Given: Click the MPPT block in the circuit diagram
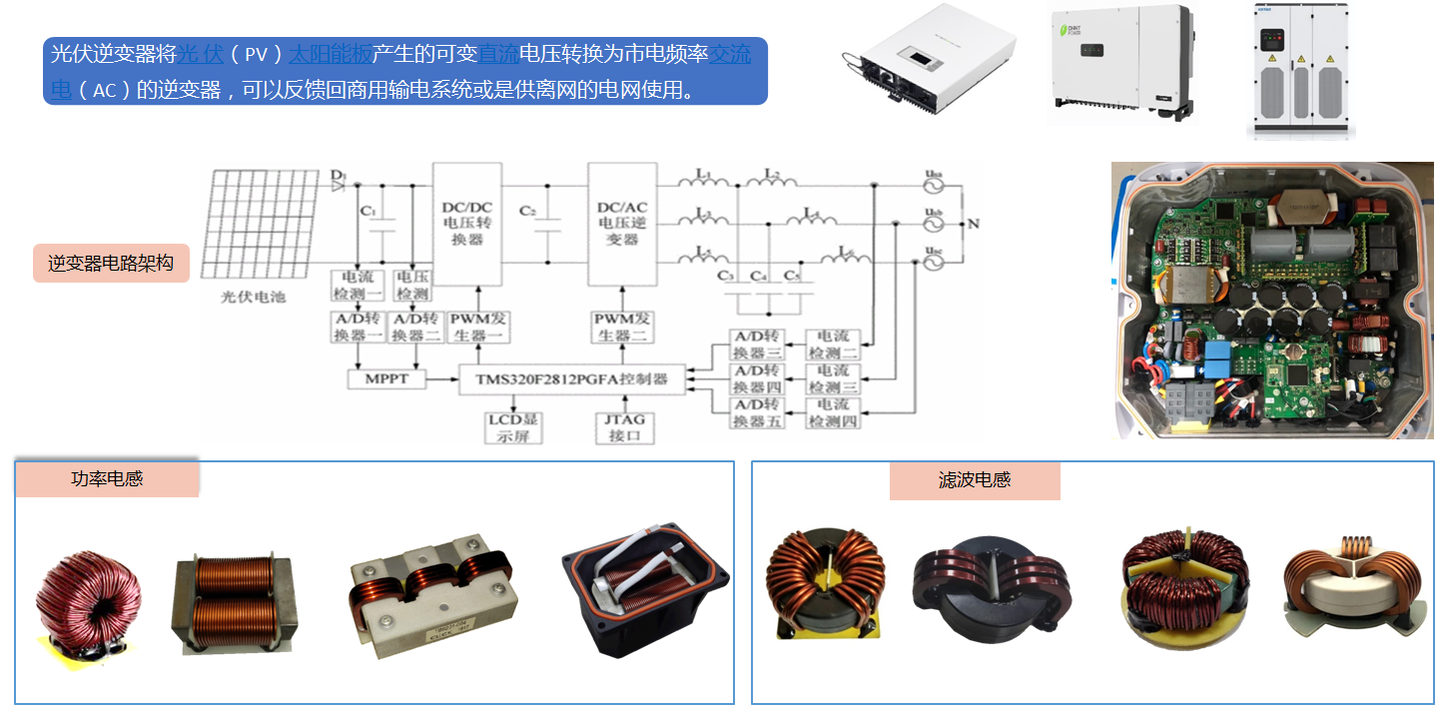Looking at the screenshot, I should point(385,379).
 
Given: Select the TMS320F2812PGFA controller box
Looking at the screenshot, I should point(564,379).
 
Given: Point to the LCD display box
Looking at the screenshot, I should point(512,426).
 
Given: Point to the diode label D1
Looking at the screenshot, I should point(338,177).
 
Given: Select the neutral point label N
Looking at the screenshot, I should point(974,224).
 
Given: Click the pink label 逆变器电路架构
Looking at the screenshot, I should point(111,264).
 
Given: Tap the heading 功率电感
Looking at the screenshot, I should point(107,478).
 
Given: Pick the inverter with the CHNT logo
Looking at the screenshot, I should point(1118,63).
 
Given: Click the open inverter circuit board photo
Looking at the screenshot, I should point(1272,300).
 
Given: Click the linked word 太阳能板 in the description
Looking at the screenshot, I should point(328,54).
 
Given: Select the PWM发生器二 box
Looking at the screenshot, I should point(622,327).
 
